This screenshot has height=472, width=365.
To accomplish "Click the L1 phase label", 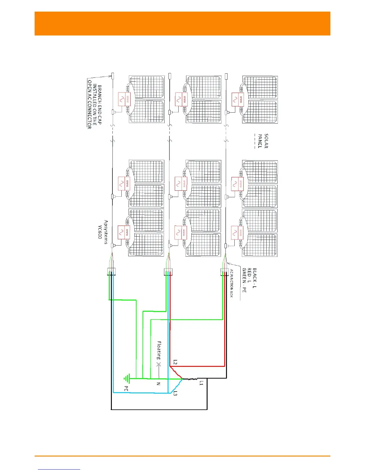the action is (x=201, y=383).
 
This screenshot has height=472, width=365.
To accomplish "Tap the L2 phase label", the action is (x=175, y=362).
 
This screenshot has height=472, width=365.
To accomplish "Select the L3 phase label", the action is (x=175, y=393).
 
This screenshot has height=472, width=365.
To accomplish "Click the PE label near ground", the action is (x=126, y=389).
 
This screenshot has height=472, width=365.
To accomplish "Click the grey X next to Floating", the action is (x=159, y=364).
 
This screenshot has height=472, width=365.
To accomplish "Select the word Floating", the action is (x=159, y=350).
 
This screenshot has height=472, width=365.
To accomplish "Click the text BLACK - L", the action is (x=254, y=278).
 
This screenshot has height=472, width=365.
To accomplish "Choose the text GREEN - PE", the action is (x=244, y=280).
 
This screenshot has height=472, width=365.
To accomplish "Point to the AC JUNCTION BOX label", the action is (x=231, y=283).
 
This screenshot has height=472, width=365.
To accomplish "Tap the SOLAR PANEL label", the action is (x=263, y=141).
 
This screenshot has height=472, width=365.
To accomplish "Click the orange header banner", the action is (x=182, y=24).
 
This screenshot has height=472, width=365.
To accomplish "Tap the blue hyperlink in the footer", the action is (x=59, y=469).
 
